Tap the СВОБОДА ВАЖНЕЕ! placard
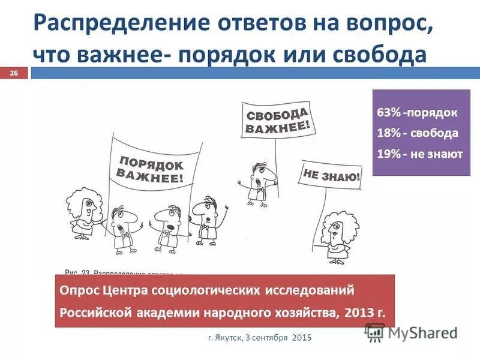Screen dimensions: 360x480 (x=277, y=119)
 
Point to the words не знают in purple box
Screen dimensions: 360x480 (x=437, y=154)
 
